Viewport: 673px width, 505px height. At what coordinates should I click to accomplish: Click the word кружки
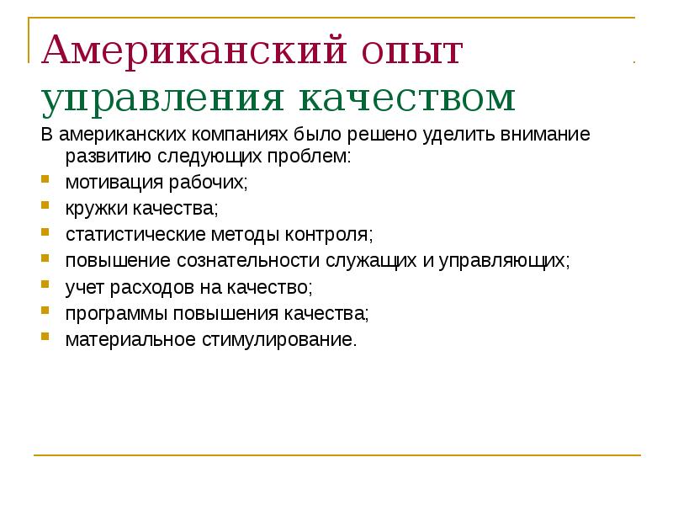[92, 208]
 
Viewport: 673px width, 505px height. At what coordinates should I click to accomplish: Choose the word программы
[108, 314]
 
